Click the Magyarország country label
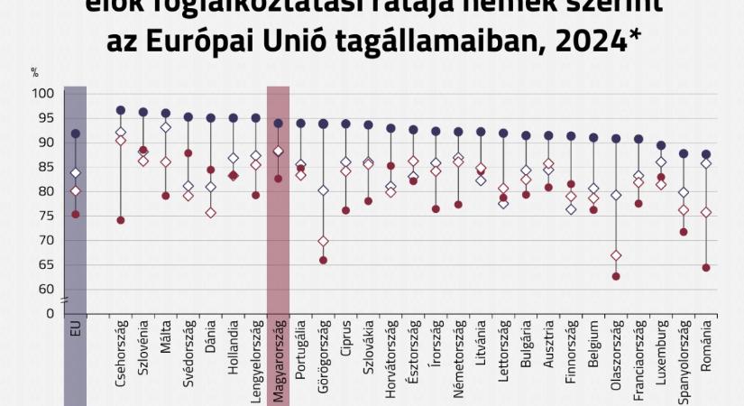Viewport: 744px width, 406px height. point(279,360)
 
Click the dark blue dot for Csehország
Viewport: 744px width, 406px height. point(121,110)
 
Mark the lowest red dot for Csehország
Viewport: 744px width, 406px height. point(121,220)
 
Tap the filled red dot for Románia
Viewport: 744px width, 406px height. point(706,268)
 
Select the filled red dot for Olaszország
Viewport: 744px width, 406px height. point(616,276)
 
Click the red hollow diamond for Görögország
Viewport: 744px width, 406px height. point(324,242)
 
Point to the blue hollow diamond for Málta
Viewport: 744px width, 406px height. point(166,127)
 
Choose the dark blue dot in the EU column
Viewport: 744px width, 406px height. point(76,134)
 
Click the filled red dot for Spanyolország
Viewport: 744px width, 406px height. point(684,232)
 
